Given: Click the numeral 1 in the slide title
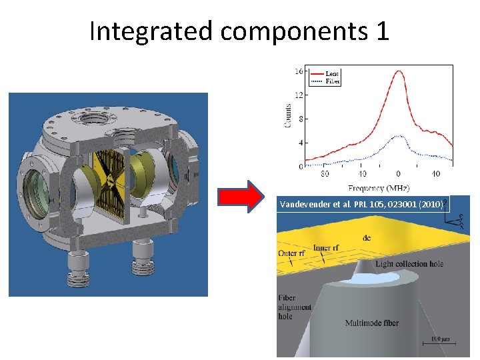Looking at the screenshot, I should [381, 31].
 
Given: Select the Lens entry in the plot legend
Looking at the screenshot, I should [331, 74].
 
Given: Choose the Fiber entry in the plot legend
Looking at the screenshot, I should [331, 81].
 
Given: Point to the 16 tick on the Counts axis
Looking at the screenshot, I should [299, 71].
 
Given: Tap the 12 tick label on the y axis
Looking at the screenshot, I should [299, 95].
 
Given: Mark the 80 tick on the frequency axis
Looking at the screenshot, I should [325, 174].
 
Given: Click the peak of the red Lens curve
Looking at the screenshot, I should [399, 71].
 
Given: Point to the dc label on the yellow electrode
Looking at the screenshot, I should [367, 237].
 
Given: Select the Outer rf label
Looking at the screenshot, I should [292, 254].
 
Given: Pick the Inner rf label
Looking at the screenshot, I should [325, 248].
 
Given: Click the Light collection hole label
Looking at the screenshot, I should [409, 264].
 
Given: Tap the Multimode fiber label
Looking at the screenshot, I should [371, 323].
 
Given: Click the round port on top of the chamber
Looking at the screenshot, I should [89, 122].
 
